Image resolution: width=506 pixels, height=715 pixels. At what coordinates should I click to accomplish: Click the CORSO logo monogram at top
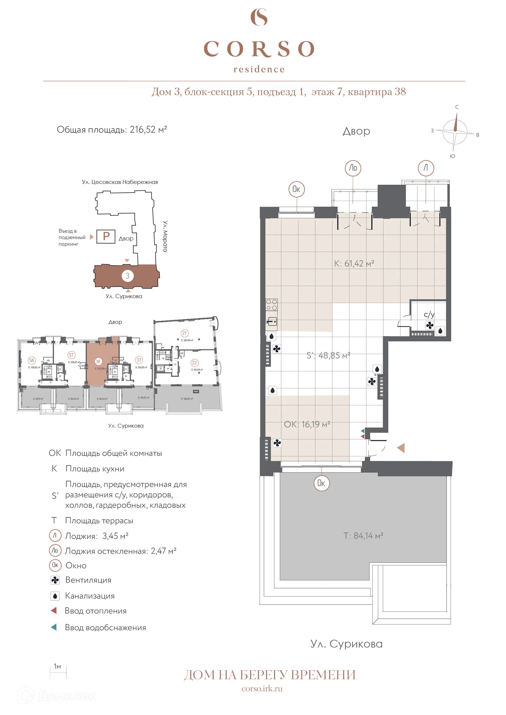point(259,17)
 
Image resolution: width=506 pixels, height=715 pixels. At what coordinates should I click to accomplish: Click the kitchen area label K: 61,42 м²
point(354,264)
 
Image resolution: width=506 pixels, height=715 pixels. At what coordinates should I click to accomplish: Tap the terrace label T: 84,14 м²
point(363,536)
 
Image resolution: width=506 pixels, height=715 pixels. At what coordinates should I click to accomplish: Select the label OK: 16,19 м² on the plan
point(307,424)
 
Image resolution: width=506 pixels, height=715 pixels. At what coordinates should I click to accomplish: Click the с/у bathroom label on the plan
point(429,314)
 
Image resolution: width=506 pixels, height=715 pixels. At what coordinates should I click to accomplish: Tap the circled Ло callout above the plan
point(353,168)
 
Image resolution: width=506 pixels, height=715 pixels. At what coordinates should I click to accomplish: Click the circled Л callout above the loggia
point(426,168)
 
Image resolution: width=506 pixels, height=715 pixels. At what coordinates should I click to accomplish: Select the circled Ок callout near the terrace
point(321,483)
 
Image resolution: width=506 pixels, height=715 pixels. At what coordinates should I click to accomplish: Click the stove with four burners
point(271,305)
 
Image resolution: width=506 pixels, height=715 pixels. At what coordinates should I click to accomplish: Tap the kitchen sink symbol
point(272,321)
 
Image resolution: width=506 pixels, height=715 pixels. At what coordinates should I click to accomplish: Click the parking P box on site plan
point(106,236)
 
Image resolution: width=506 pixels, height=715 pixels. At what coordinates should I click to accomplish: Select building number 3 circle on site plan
point(128,276)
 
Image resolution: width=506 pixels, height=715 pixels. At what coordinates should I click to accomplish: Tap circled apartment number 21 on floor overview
point(184,333)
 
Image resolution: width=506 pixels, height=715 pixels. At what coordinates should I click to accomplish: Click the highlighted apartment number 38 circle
point(98,362)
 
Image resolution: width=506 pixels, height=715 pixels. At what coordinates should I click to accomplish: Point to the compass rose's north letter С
point(457,107)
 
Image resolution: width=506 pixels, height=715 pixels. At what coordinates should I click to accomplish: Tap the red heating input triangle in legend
point(54,610)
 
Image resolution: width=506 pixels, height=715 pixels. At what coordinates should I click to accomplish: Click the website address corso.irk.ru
point(262,688)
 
